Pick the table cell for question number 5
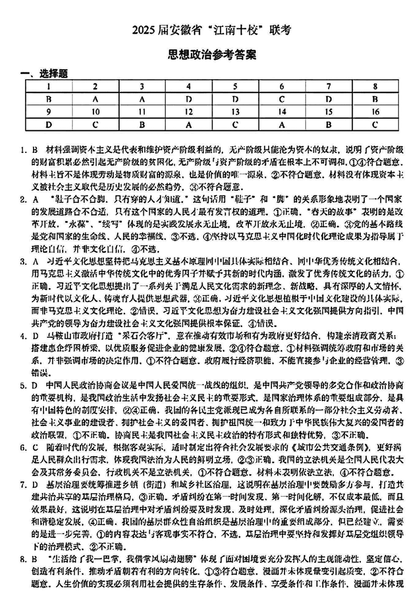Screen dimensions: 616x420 (235, 86)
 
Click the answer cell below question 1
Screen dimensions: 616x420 (48, 99)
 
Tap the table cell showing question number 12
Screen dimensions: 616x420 (188, 111)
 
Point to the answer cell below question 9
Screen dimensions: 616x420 (48, 124)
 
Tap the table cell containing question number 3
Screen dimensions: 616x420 (141, 86)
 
